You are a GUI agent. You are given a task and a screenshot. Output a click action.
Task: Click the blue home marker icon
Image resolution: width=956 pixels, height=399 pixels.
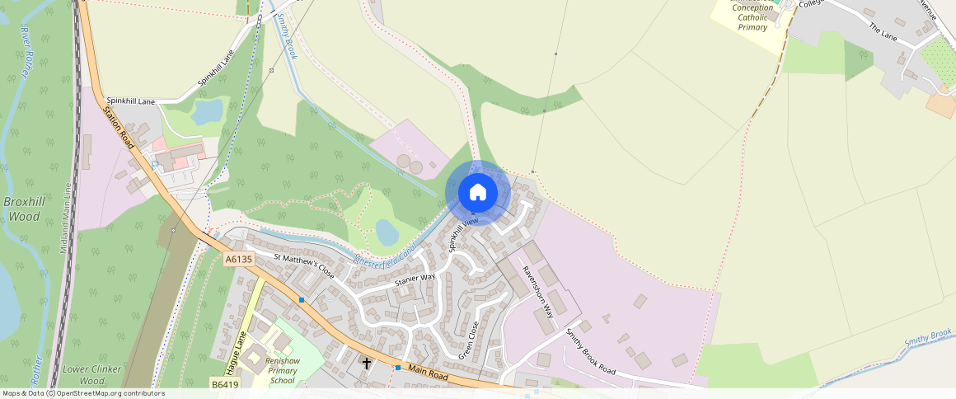point(477,193)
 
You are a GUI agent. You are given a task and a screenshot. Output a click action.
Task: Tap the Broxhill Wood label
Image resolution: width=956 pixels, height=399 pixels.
point(24,209)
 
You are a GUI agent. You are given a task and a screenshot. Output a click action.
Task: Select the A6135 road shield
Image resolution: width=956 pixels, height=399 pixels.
point(239,259)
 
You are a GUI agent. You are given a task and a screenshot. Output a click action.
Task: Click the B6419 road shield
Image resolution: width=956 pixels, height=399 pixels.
point(223,384)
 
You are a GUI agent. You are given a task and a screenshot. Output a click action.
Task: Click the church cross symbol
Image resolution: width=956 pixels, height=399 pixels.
point(367,363)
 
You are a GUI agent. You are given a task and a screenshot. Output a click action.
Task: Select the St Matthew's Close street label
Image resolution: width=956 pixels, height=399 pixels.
point(304,266)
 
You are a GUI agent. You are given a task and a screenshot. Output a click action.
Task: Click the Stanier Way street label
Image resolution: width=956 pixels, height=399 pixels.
point(415,279)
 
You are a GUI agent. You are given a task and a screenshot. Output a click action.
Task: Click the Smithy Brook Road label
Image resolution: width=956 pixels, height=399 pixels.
point(590,351)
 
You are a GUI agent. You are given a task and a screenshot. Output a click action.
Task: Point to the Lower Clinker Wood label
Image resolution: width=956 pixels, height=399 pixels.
point(91,375)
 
